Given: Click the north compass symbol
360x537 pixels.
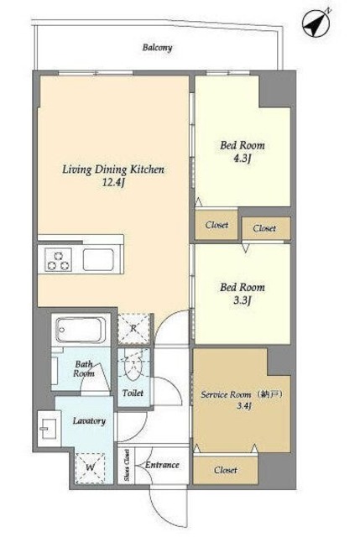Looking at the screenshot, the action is coord(316,23).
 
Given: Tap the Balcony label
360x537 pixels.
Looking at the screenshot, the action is coord(157,48).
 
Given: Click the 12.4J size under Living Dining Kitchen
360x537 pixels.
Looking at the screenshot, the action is coord(113,183).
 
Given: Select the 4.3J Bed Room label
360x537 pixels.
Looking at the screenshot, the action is coord(243,151).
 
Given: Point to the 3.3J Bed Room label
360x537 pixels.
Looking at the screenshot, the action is coord(243,293).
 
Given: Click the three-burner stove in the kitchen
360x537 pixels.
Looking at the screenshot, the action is coord(59,260).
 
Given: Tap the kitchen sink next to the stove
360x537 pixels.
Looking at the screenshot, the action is coord(99,259).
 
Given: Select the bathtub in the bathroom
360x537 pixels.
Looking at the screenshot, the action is coord(81,330).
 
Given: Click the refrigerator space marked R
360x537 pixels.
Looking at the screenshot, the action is coord(134,329).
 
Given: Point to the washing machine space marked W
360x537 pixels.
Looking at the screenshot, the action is coord(90,467).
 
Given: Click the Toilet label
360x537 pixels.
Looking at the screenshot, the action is coord(133,394).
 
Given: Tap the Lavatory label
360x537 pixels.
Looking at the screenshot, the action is coord(89,421).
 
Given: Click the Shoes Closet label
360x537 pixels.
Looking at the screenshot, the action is coord(127,465).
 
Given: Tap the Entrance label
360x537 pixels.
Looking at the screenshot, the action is coord(162,465).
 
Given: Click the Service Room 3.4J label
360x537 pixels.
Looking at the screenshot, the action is coord(243,400).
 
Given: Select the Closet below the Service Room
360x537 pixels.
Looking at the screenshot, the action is coord(226,470).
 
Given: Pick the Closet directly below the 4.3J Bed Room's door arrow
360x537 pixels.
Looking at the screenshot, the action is coord(217,225).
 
